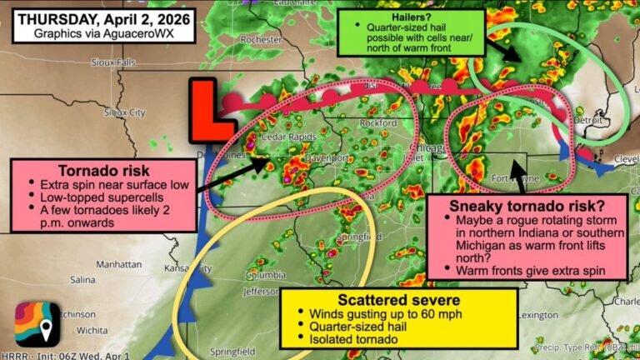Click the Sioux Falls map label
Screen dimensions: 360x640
click(137, 62)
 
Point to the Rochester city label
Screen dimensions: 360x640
click(260, 39)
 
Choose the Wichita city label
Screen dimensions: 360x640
click(85, 331)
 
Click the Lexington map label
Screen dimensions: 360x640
click(541, 315)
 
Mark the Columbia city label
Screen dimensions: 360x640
click(265, 275)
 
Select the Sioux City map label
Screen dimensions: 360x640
click(124, 112)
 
